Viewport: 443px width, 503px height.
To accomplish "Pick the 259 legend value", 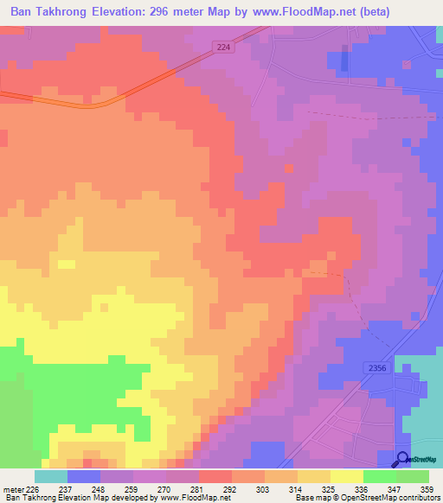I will click(x=131, y=489).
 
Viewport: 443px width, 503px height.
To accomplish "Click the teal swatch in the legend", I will click(x=51, y=476).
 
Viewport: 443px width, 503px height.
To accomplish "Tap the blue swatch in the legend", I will click(x=84, y=476).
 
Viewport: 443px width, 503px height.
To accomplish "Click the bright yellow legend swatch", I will click(x=347, y=476).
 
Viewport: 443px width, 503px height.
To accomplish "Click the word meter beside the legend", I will click(x=13, y=489).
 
